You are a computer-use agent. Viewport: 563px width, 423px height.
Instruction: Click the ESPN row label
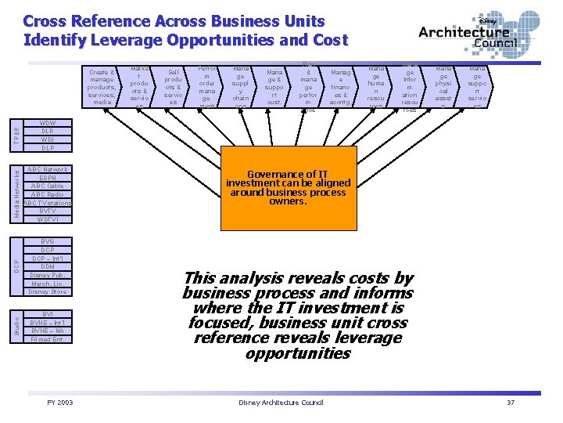(x=48, y=178)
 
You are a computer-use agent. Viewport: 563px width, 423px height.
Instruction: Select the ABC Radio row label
(x=48, y=194)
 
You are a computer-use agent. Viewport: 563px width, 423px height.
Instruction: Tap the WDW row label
(x=48, y=123)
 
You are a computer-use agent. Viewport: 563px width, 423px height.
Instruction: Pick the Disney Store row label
(x=48, y=291)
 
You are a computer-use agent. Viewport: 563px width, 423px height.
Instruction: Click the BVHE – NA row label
(x=48, y=331)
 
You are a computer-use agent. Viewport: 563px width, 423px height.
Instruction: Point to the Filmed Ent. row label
(x=48, y=339)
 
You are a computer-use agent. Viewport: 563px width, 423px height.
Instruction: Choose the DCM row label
(x=48, y=266)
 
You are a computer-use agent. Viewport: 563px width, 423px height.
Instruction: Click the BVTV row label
(x=48, y=211)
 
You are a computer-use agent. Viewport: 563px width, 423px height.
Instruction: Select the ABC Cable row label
(x=48, y=186)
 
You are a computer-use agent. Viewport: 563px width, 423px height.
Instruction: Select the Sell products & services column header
(x=174, y=86)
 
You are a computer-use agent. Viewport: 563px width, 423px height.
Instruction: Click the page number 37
(x=511, y=402)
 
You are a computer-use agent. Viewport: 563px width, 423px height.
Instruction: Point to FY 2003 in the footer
(x=60, y=402)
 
